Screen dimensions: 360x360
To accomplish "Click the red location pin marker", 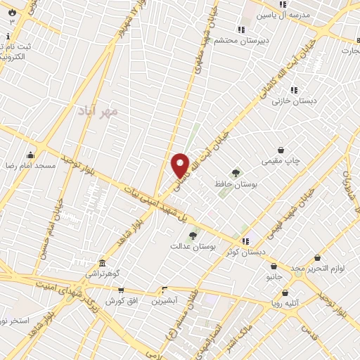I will pos(180,165).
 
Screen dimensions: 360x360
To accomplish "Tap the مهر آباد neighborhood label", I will pos(98,111).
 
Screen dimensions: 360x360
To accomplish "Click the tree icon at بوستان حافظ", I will pos(235,172).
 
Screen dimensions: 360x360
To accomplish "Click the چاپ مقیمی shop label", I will pos(281,161).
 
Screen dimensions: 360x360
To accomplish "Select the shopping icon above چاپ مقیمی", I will pos(281,150).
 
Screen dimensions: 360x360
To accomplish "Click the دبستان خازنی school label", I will pos(295,101).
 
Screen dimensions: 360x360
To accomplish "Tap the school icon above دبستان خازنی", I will pos(294,90).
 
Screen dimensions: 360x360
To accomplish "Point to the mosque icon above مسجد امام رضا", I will pos(30,155).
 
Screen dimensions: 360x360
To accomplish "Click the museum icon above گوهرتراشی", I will pos(103,262).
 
